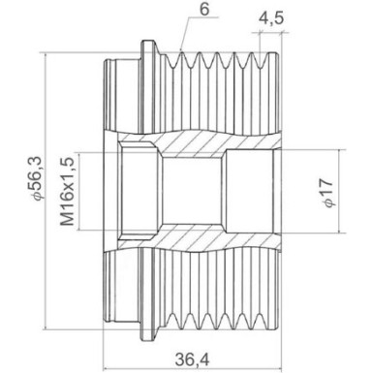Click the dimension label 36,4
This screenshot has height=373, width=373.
click(x=192, y=357)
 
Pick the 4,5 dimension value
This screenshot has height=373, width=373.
click(x=271, y=17)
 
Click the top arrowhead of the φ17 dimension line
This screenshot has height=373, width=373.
click(x=343, y=151)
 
